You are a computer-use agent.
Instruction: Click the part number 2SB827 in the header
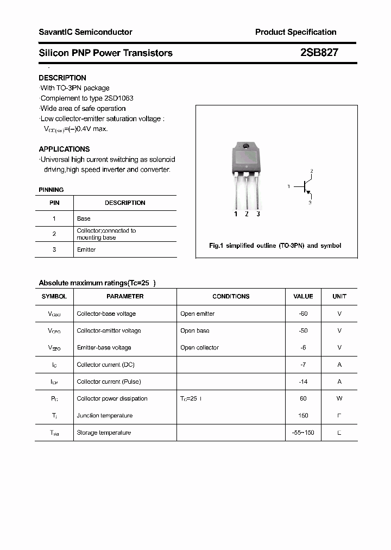(319, 53)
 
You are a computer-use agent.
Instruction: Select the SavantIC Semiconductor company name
(85, 32)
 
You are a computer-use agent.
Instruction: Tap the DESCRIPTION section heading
(62, 78)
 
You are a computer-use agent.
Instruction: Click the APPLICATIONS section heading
(64, 149)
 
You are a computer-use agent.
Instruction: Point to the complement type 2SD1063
(119, 98)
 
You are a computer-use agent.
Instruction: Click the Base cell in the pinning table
(84, 218)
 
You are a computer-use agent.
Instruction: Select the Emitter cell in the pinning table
(86, 249)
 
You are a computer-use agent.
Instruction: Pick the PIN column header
(54, 203)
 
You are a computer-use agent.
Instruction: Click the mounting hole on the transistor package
(245, 146)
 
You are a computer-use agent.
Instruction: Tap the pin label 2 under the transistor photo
(247, 214)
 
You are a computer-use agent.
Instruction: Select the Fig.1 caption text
(275, 246)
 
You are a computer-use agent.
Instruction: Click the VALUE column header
(303, 296)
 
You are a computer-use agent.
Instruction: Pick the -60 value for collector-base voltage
(303, 314)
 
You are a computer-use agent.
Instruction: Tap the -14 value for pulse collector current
(303, 382)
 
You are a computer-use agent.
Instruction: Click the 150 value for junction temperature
(303, 415)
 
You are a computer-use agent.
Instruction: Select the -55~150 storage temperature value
(303, 433)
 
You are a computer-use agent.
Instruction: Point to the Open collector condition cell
(199, 347)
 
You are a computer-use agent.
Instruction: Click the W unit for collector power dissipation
(339, 398)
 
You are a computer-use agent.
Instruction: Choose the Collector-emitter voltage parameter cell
(109, 330)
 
